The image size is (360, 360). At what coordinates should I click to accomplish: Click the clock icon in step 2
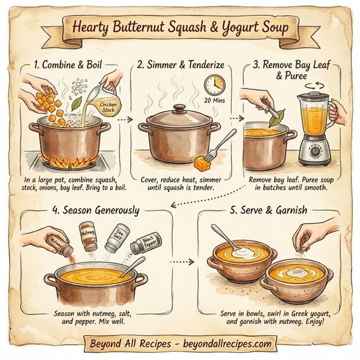[214, 85]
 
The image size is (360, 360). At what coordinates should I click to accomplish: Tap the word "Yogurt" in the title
[235, 27]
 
